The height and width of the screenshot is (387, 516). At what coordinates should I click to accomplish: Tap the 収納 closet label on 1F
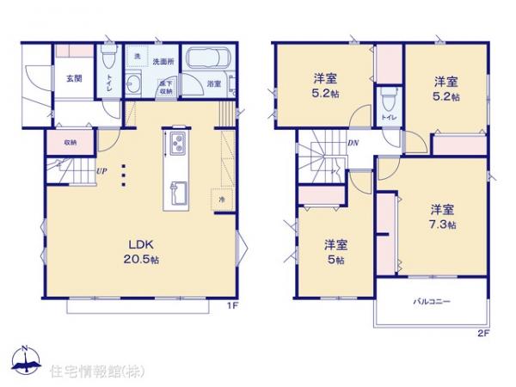click(69, 142)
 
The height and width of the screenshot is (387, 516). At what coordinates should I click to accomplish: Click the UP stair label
click(101, 170)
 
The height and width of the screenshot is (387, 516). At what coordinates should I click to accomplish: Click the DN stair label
click(353, 144)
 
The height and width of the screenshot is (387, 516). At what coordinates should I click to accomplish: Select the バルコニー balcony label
click(431, 302)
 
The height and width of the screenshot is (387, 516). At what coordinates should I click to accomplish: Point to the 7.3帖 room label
click(444, 216)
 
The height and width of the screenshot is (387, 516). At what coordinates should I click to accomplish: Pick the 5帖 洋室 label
click(335, 252)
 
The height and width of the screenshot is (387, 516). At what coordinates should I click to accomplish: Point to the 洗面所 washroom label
click(163, 62)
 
